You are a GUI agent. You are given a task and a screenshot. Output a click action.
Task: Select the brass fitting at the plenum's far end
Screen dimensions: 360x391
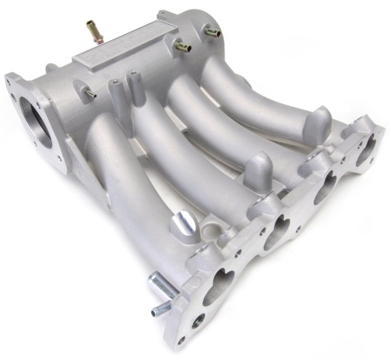point(212,33)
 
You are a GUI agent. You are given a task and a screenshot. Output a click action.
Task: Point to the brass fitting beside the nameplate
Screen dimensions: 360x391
point(182,46)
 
